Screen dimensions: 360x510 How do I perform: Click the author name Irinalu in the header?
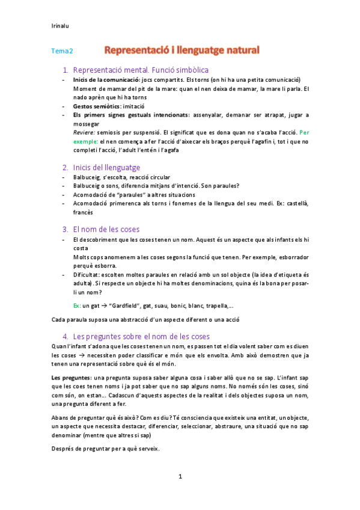(x=61, y=25)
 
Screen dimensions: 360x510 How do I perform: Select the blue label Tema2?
(x=62, y=52)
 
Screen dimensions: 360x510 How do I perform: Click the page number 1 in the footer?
(x=180, y=476)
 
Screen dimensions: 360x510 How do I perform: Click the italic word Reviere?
(x=82, y=132)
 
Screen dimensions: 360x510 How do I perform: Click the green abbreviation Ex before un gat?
(x=76, y=305)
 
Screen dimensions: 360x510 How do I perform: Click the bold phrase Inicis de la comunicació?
(x=105, y=80)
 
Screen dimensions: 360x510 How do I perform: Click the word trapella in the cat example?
(x=213, y=305)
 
